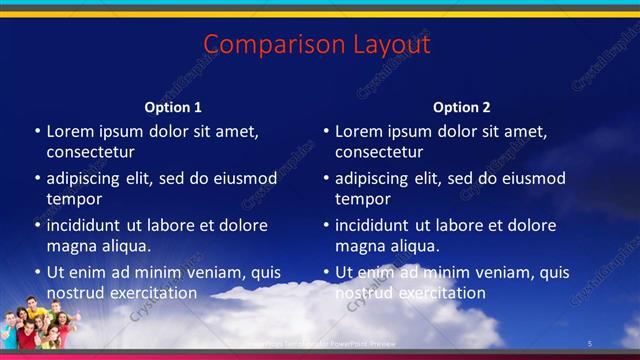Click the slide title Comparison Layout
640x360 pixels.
[x=317, y=45]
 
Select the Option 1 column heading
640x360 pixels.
[x=173, y=107]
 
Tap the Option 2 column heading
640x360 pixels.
[x=462, y=107]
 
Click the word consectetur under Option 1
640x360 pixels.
[x=90, y=153]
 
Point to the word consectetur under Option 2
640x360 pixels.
[x=379, y=153]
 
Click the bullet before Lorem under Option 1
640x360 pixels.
[x=37, y=132]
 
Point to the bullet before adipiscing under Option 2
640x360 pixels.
[x=326, y=179]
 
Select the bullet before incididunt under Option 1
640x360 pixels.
[x=37, y=226]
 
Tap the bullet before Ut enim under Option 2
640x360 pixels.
[x=326, y=272]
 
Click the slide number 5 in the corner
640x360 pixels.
[x=590, y=345]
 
